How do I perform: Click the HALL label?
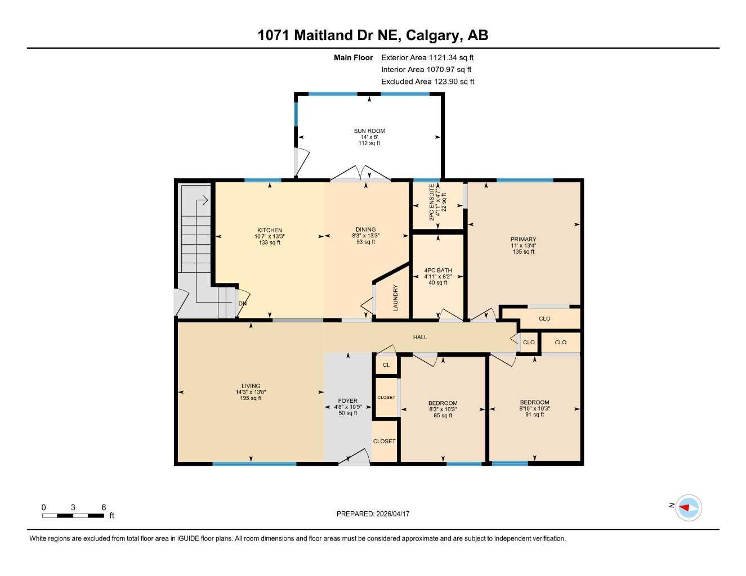point(420,337)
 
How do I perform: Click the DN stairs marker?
point(242,304)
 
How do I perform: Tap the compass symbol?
point(688,508)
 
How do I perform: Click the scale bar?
point(73,515)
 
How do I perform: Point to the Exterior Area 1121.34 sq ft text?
point(427,57)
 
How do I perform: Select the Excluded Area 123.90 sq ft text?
point(427,82)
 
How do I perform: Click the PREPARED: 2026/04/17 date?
point(373,514)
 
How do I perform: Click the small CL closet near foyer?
point(386,365)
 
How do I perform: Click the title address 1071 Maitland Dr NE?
point(373,35)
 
